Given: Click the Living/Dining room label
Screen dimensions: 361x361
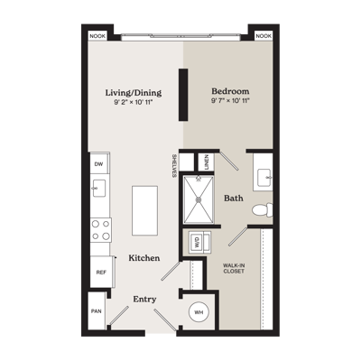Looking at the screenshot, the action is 134,93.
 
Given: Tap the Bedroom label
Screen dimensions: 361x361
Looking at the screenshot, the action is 230,91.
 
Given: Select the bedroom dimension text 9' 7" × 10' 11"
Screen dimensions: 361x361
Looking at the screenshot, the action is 231,100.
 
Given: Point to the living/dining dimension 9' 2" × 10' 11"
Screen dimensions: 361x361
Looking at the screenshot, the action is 134,102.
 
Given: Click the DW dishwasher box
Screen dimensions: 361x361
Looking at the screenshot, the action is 99,164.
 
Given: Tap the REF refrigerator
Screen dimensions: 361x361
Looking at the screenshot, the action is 101,273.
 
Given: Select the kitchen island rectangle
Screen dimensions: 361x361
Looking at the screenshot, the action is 144,210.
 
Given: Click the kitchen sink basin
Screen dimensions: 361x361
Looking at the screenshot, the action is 99,189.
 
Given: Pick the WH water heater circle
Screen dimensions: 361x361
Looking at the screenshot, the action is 199,312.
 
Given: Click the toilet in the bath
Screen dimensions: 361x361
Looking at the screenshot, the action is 263,210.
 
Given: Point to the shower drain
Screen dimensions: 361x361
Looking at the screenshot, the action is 199,199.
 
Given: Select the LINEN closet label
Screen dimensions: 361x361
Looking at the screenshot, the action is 206,162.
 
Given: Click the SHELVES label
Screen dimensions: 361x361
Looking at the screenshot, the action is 174,166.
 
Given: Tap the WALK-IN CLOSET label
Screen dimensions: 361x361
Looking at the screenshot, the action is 234,268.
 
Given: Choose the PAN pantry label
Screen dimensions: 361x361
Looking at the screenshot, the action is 97,311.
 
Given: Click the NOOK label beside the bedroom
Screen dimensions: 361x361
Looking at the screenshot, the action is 264,36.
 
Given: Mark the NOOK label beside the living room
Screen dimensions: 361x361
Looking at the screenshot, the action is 97,36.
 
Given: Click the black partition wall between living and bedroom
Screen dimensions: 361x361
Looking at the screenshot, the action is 183,95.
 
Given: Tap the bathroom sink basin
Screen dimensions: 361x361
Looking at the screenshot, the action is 265,178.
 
